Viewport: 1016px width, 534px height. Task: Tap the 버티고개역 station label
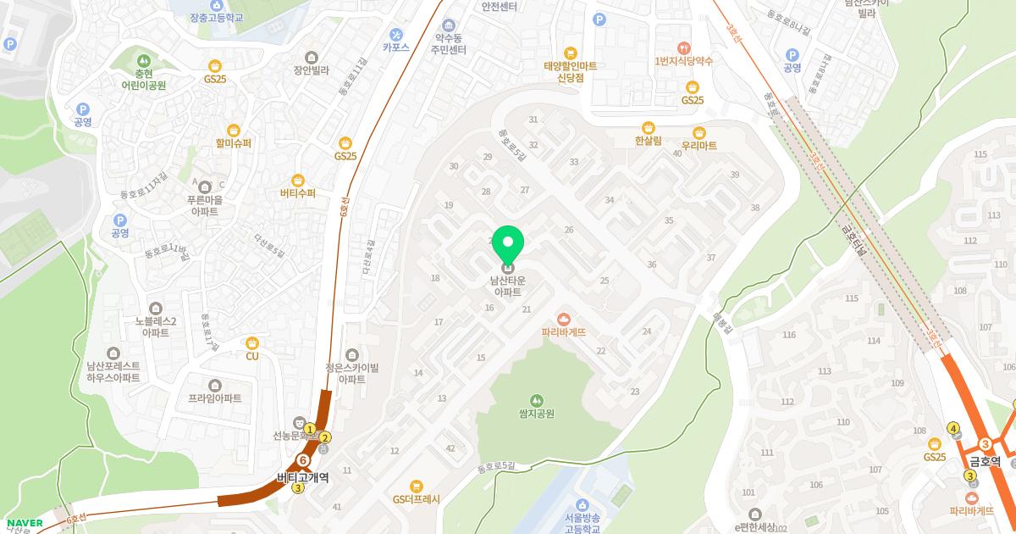click(x=302, y=477)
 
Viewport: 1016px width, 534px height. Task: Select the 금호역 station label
click(x=985, y=462)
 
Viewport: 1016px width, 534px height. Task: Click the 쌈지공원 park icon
click(x=536, y=400)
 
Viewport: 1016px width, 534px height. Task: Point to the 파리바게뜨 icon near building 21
click(x=564, y=318)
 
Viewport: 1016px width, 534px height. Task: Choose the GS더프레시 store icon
click(x=416, y=486)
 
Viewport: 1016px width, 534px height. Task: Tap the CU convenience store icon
click(x=251, y=342)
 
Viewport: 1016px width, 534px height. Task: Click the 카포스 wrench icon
click(x=395, y=34)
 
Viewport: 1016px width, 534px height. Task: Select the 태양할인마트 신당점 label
click(x=571, y=71)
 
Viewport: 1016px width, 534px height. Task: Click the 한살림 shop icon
click(x=648, y=126)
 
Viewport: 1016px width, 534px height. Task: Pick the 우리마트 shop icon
click(x=699, y=132)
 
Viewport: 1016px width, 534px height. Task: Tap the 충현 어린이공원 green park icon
click(x=143, y=60)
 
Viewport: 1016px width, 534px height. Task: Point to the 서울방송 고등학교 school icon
click(x=583, y=505)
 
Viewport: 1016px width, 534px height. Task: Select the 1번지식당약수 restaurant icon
click(x=684, y=47)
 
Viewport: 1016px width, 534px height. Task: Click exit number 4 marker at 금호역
click(x=954, y=428)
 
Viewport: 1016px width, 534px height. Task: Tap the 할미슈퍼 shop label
click(x=234, y=143)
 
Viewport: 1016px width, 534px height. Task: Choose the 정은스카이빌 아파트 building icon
click(x=351, y=354)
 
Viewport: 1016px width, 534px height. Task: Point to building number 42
click(x=450, y=448)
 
